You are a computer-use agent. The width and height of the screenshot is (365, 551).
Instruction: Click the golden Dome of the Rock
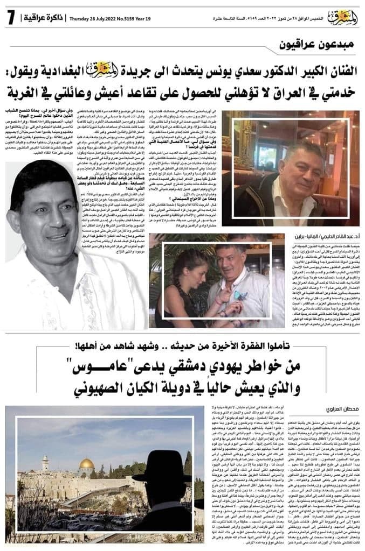coord(87,465)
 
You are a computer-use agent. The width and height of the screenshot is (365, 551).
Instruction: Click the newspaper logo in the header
coord(339,16)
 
